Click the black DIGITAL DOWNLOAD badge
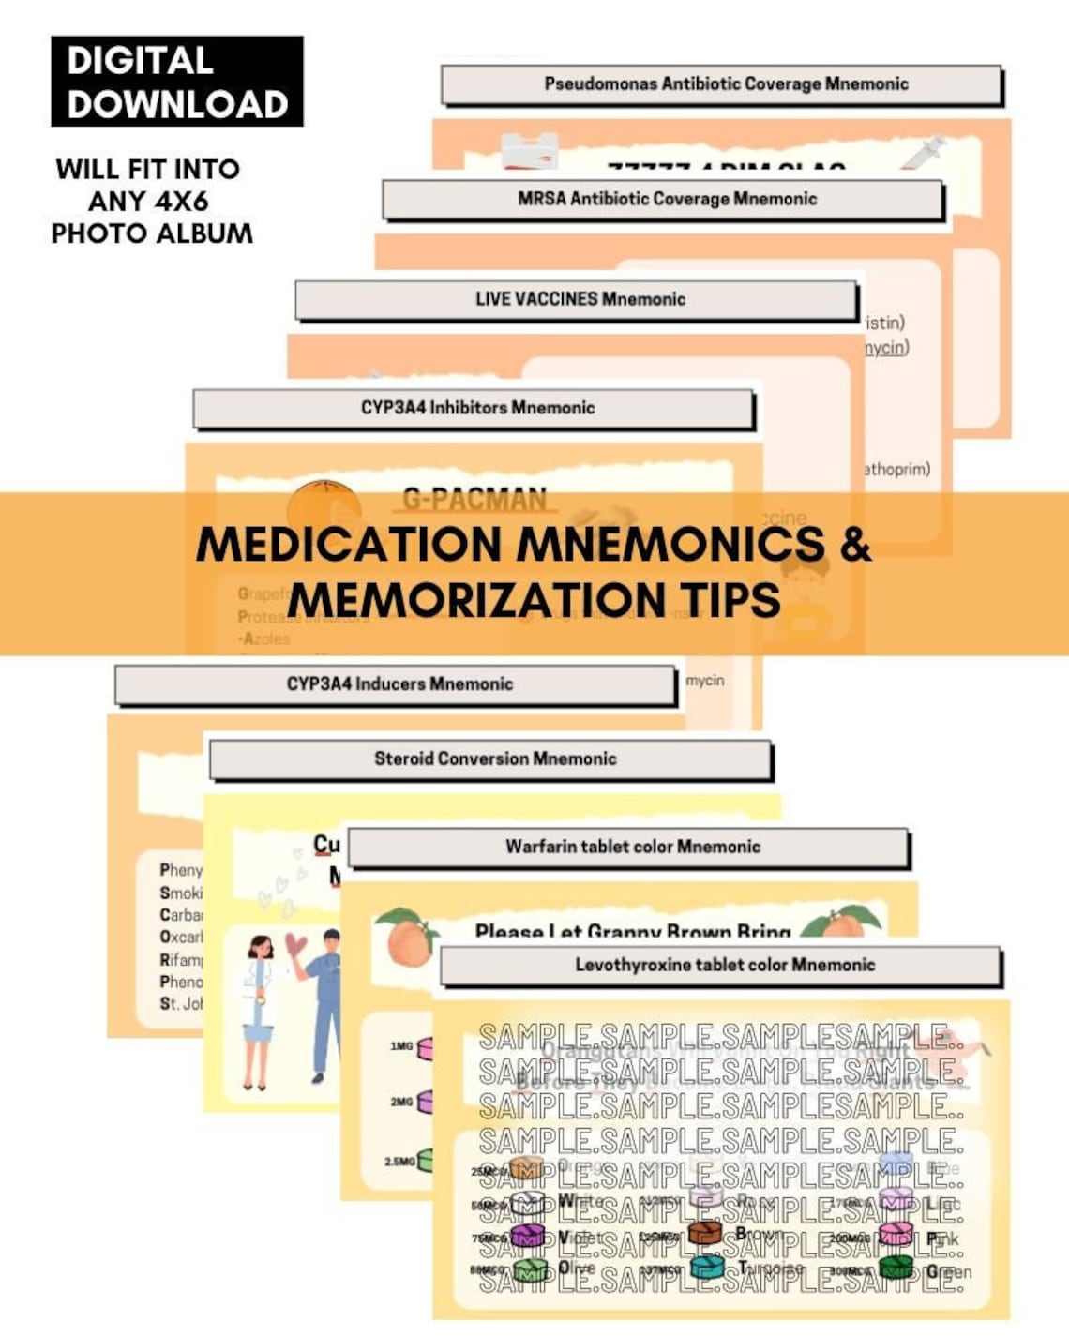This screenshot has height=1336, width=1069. coord(176,82)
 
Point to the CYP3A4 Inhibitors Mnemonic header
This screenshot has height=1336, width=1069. coord(476,408)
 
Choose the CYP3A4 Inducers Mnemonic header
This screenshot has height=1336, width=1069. coord(399,683)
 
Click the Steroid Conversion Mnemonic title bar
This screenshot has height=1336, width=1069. coord(494,758)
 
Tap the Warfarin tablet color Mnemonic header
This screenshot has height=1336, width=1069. coord(632,847)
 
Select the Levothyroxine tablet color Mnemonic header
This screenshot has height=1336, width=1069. coord(724,965)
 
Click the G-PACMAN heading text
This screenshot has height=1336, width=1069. coord(474,500)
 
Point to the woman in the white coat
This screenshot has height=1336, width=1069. coord(258,1008)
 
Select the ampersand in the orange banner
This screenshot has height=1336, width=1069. coord(854,544)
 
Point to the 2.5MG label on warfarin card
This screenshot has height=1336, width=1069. coord(399,1161)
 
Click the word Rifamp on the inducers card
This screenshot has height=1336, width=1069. coord(180,959)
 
